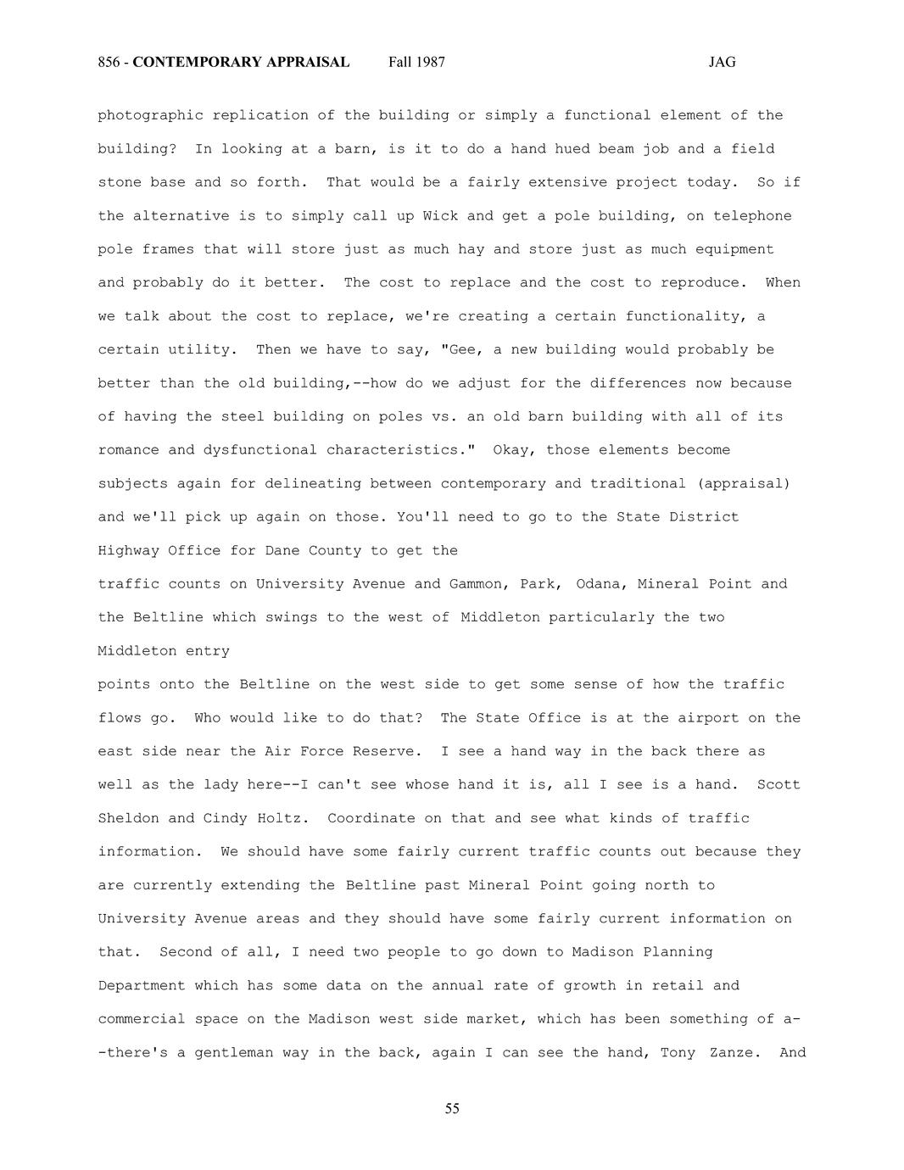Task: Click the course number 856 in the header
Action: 108,62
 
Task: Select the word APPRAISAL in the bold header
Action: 310,62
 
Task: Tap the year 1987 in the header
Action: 430,62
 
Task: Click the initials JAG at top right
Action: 722,62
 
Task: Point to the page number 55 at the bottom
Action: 452,1109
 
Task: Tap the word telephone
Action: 752,216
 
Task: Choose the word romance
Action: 128,450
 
